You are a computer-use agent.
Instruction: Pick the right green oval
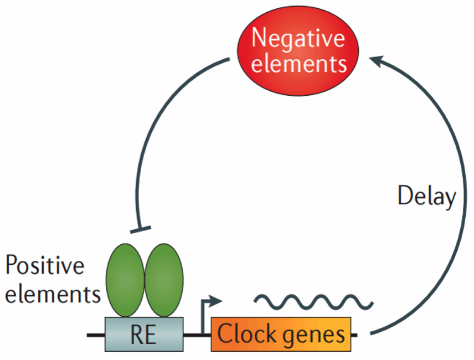164,281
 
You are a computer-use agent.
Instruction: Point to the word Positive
45,266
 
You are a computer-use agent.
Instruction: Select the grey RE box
143,335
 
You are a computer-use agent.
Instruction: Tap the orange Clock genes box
281,335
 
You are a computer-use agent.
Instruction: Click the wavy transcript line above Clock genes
313,302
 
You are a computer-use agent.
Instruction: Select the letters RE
143,335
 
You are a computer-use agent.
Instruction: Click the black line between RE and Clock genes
193,335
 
